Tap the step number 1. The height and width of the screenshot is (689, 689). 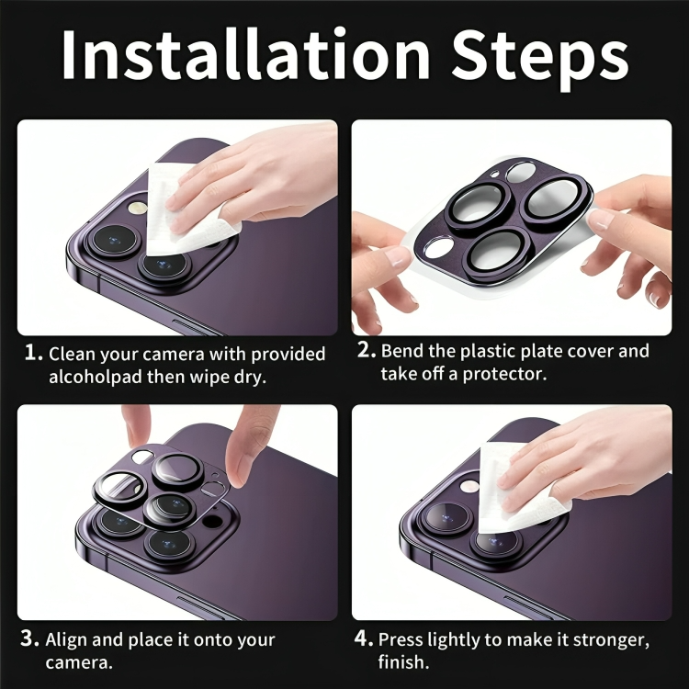(33, 354)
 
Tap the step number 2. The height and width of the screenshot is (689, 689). (366, 351)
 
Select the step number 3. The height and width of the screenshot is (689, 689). (30, 639)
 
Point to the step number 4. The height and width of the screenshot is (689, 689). (364, 638)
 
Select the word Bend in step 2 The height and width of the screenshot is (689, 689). (401, 351)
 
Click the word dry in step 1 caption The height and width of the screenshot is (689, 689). (250, 378)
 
